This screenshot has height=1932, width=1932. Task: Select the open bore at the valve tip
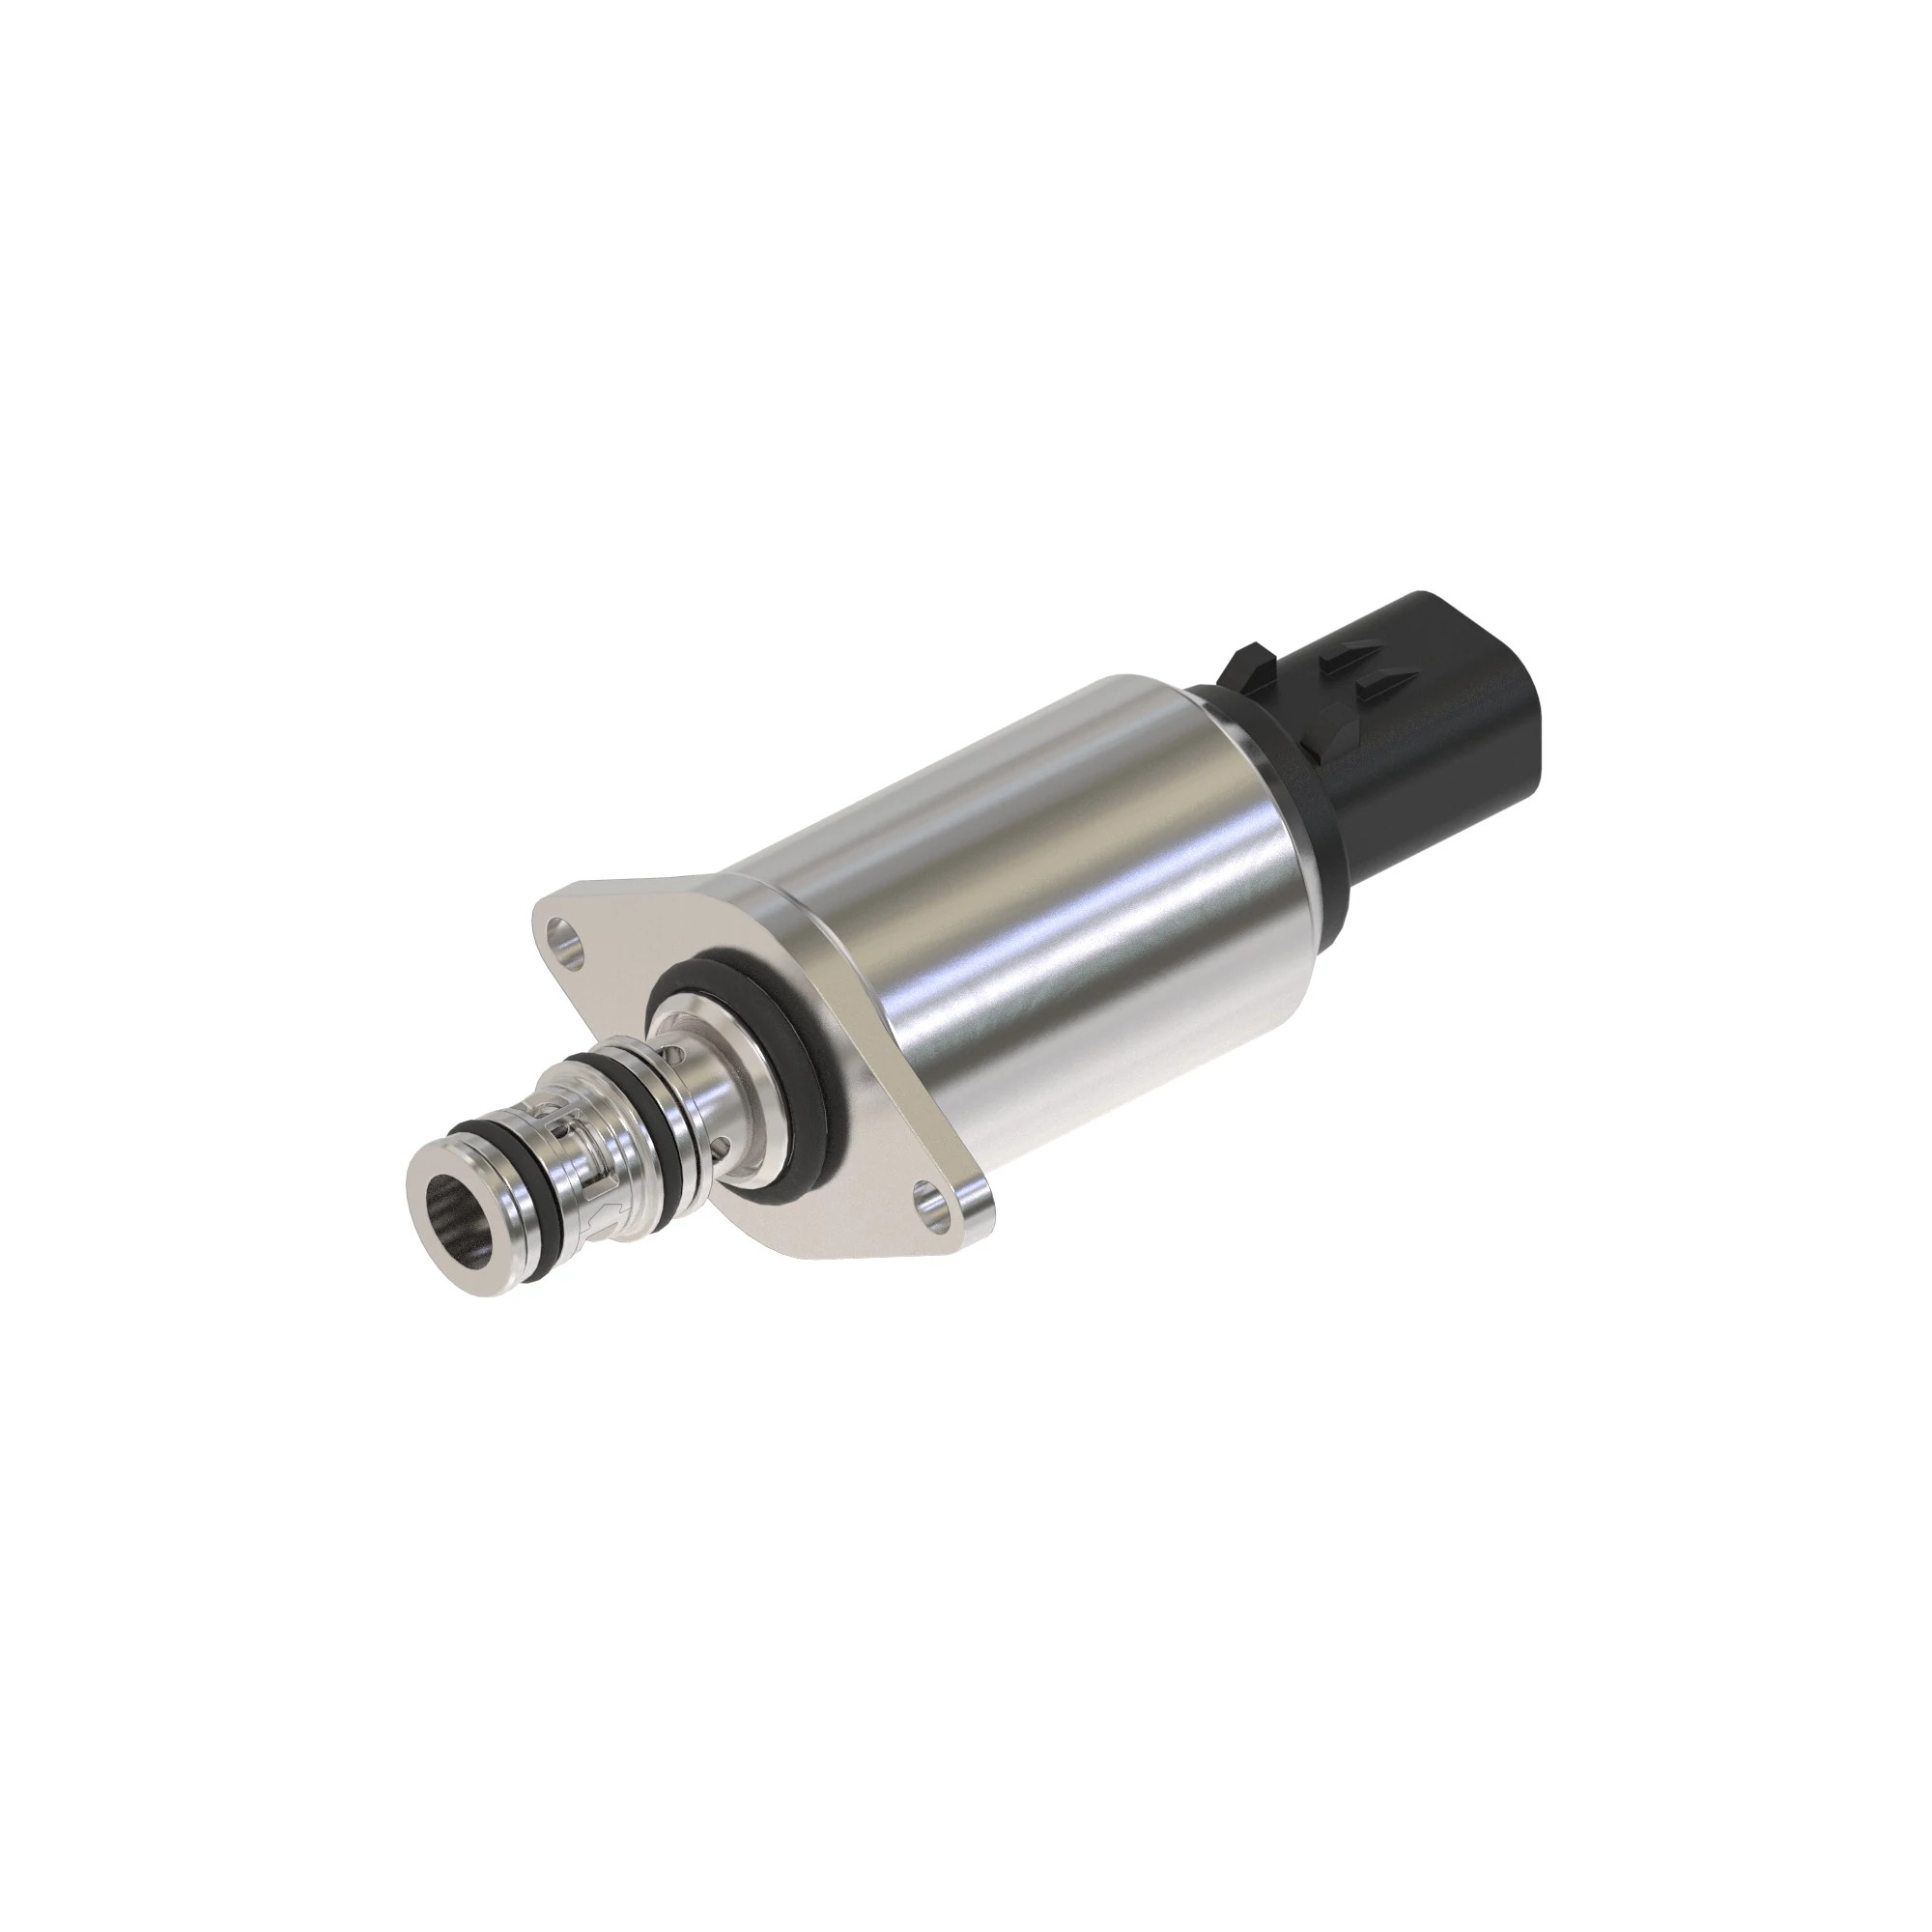pyautogui.click(x=459, y=1220)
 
